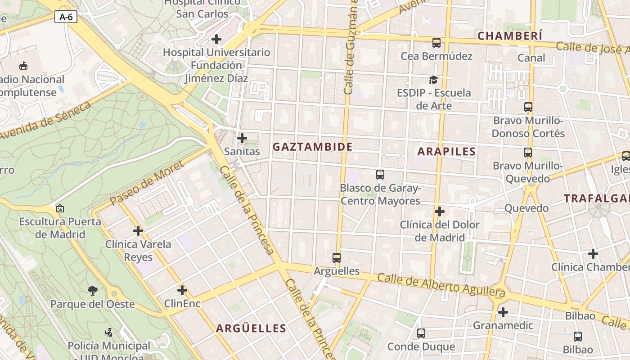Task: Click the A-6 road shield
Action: (66, 17)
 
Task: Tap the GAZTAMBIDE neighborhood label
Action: (312, 147)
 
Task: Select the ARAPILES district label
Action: (446, 152)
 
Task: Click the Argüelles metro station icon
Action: (337, 258)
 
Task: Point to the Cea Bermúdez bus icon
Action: (436, 43)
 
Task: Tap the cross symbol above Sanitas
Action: (242, 138)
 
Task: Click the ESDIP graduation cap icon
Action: (433, 80)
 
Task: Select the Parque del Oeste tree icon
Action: (93, 291)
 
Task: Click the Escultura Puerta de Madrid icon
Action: (59, 208)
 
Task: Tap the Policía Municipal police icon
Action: (108, 333)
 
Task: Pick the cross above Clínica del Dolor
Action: (440, 211)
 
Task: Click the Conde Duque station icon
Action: (421, 333)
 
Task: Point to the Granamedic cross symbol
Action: (503, 312)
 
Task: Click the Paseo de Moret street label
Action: (147, 183)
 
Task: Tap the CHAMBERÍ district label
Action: (510, 36)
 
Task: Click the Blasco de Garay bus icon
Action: (380, 174)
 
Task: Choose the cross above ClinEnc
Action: (182, 290)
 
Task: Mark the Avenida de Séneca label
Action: (45, 120)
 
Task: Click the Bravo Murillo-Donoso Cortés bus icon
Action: (528, 107)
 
